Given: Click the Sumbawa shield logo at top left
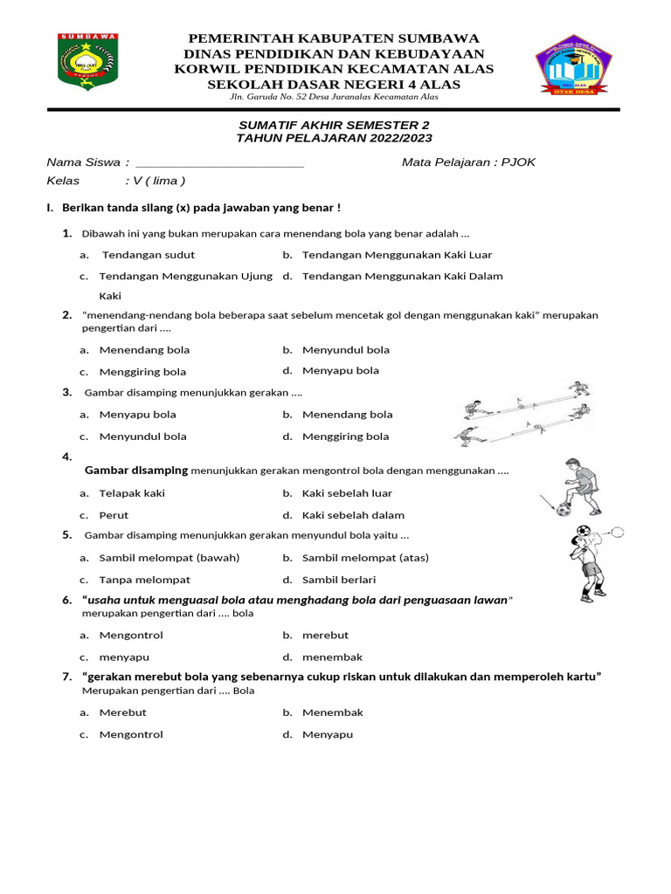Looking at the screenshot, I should (x=88, y=63).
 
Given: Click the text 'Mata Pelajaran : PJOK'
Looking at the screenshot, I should (x=468, y=162).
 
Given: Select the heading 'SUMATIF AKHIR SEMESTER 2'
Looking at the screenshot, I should (x=335, y=126).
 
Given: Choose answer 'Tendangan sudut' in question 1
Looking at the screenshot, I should (x=149, y=255).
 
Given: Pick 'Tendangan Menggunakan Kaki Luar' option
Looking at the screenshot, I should (x=397, y=255).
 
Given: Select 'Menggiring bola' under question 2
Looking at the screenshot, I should (x=142, y=372).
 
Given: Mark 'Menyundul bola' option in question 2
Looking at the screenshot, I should (x=346, y=350).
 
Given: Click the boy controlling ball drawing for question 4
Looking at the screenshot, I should (x=575, y=486).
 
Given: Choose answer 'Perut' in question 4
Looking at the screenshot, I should (x=114, y=515).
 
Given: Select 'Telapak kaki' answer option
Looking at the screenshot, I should (x=132, y=493).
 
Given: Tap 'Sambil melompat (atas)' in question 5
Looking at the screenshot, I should (x=365, y=558).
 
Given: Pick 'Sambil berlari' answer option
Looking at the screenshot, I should (x=339, y=580).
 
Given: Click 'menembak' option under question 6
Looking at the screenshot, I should (x=332, y=657).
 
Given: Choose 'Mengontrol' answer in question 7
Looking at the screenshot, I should (x=131, y=735).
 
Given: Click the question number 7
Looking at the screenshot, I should (x=66, y=677).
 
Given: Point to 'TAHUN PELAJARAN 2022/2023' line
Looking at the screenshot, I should (x=335, y=139).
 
